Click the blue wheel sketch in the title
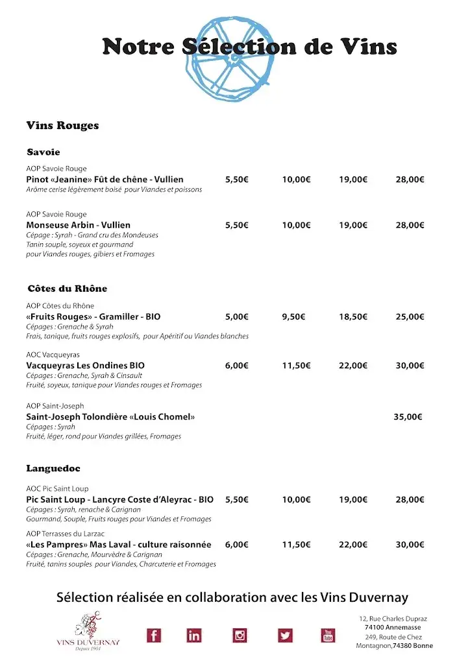pos(230,58)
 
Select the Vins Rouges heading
pos(62,125)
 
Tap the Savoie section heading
pos(43,152)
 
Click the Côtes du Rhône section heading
pos(67,288)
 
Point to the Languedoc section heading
pos(53,468)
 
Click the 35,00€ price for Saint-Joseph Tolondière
pos(408,417)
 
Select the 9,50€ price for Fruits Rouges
pos(293,316)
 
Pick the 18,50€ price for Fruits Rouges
pos(353,316)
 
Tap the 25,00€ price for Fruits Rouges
pos(410,316)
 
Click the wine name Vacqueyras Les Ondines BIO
pos(85,365)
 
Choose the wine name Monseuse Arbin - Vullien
pos(78,225)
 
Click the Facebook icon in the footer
pos(154,635)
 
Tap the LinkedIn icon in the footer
pos(194,635)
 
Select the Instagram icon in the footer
pos(240,635)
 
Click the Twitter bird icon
pos(285,635)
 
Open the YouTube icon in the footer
pos(328,635)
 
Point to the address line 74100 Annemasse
pos(393,627)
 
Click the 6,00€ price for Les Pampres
pos(236,545)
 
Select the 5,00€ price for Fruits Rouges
pos(236,316)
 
